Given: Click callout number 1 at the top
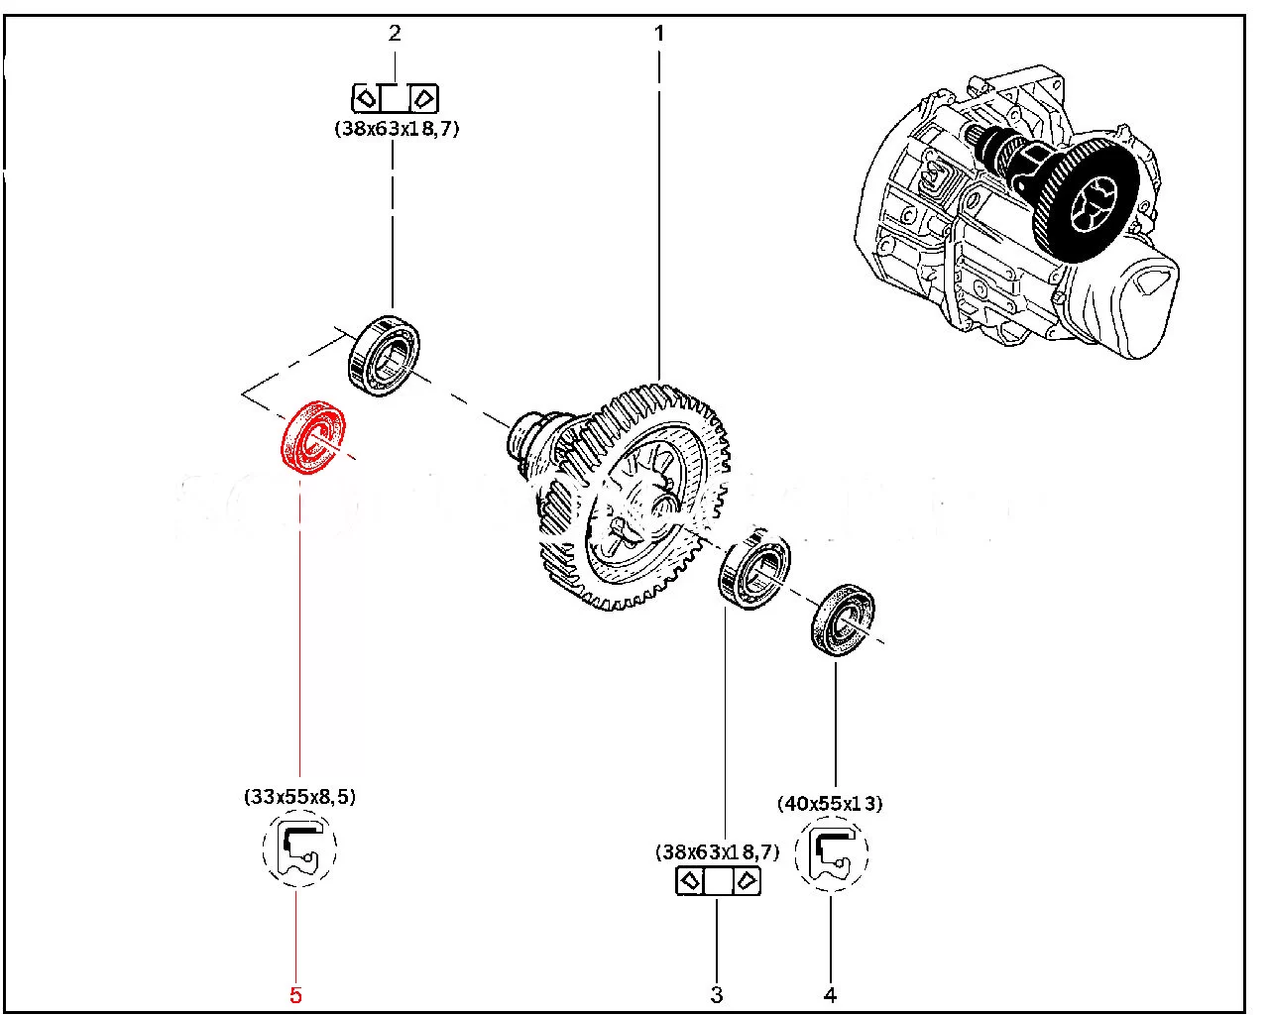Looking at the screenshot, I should point(659,33).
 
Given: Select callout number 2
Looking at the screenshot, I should point(395,33).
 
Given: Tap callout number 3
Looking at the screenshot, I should point(716,994).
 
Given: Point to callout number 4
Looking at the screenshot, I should point(831,994).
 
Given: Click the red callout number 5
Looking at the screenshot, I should point(295,994).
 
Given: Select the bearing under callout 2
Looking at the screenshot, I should point(385,354).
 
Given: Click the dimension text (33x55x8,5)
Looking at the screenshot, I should point(298,796).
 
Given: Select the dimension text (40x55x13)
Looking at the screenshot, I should point(832,803).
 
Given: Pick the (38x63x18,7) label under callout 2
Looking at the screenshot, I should point(397,128).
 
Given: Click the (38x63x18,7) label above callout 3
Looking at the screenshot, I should point(717,850).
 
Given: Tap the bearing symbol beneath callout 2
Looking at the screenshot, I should point(396,98).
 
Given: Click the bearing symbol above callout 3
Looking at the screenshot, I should point(718,880).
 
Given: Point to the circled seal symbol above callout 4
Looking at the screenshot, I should point(831,851).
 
